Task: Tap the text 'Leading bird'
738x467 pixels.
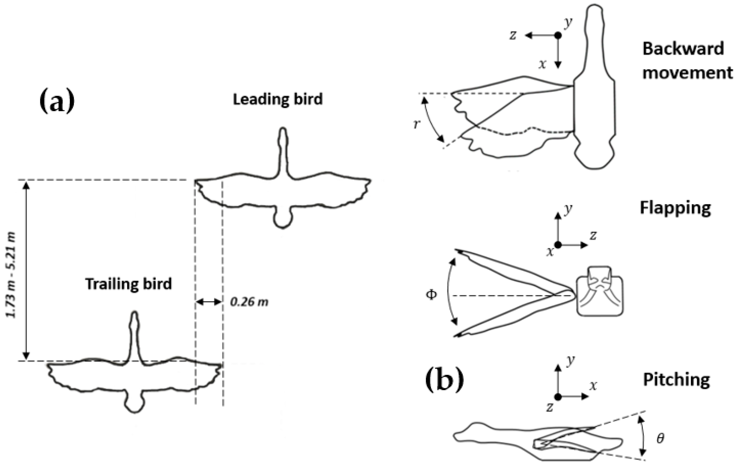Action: [x=278, y=99]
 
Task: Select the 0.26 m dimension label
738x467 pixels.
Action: [x=249, y=302]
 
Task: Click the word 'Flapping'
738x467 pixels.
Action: [x=675, y=208]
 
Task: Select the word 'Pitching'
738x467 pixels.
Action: [x=676, y=380]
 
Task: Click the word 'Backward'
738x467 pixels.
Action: [x=683, y=49]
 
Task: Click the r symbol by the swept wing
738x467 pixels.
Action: [x=416, y=124]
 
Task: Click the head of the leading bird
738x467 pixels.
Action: [x=283, y=135]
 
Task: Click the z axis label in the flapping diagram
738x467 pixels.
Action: [x=593, y=235]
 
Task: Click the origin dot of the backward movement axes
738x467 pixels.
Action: [x=558, y=36]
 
